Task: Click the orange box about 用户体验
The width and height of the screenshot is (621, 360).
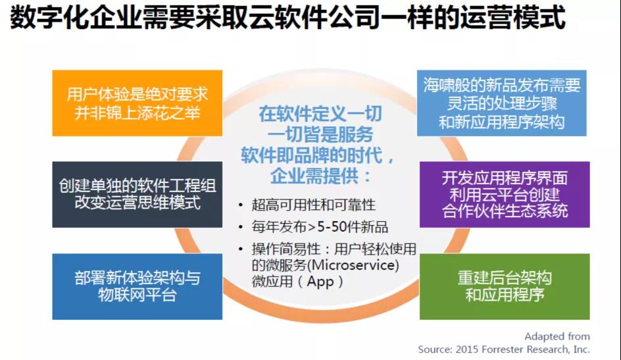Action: pyautogui.click(x=137, y=103)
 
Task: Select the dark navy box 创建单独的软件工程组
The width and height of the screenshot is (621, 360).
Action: pyautogui.click(x=137, y=194)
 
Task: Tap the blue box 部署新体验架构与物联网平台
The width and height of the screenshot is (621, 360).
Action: pyautogui.click(x=137, y=286)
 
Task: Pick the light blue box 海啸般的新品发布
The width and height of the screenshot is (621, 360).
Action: pyautogui.click(x=501, y=103)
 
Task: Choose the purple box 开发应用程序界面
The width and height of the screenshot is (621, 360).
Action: pyautogui.click(x=505, y=194)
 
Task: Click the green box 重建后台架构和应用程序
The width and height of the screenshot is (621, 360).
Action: pyautogui.click(x=505, y=286)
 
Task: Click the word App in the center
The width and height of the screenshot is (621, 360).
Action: pyautogui.click(x=320, y=282)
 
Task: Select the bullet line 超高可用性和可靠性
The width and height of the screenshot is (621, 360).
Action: pyautogui.click(x=313, y=205)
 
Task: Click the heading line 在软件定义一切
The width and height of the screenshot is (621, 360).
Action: pyautogui.click(x=320, y=114)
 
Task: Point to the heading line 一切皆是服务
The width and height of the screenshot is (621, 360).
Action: pyautogui.click(x=320, y=135)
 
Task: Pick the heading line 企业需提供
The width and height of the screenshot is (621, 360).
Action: pyautogui.click(x=320, y=176)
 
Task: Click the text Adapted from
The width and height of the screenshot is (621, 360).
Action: pyautogui.click(x=557, y=336)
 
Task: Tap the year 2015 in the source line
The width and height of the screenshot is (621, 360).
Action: pyautogui.click(x=467, y=349)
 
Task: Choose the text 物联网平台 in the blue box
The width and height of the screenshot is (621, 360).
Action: pyautogui.click(x=137, y=295)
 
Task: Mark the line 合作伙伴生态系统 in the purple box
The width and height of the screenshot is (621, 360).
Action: pyautogui.click(x=505, y=211)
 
